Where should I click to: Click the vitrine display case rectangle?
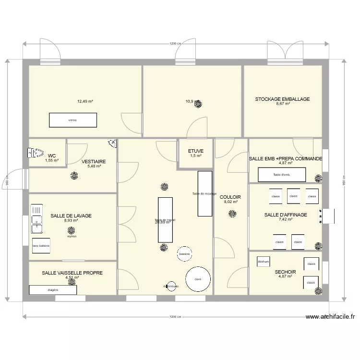point(72,120)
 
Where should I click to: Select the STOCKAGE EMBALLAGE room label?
point(282,99)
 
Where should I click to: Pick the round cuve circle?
point(198,279)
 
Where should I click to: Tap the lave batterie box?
point(41,246)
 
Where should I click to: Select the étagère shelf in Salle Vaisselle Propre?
point(53,290)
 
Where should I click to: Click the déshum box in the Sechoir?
point(263,262)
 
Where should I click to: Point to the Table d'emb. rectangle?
point(282,175)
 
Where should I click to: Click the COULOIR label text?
point(230,197)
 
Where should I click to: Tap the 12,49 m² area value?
point(85,101)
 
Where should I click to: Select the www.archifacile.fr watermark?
point(330,317)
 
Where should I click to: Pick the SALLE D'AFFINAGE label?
point(286,215)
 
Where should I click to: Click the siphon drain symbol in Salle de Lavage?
point(72,230)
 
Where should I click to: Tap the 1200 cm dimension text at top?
point(175,44)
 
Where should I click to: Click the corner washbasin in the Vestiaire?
point(112,143)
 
